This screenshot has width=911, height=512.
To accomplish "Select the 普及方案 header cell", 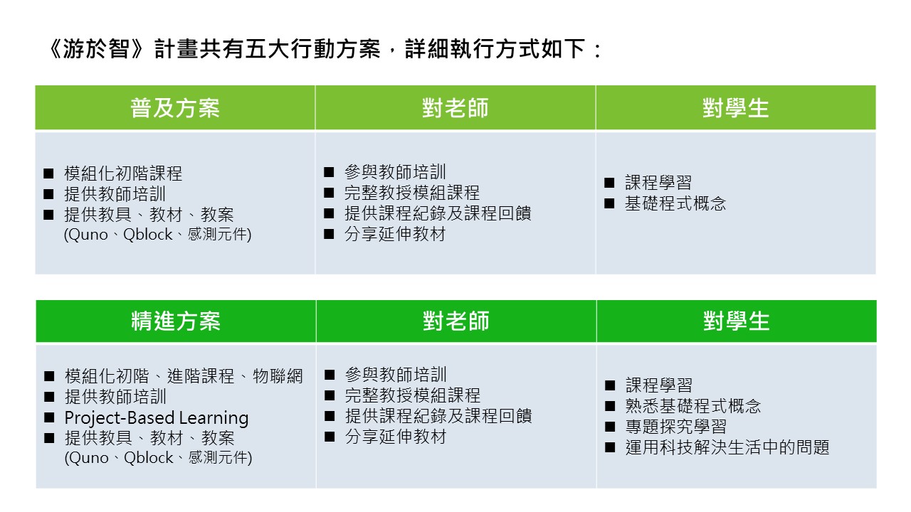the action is tap(175, 107).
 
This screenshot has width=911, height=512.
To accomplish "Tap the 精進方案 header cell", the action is tap(176, 321).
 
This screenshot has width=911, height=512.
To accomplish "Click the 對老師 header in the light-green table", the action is tap(455, 107).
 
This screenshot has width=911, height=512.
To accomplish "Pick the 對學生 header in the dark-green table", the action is tap(737, 321).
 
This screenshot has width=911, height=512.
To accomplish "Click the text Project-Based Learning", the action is tap(157, 417).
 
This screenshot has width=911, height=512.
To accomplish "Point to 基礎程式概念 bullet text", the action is tap(675, 203).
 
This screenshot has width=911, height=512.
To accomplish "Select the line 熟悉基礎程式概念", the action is tap(693, 406).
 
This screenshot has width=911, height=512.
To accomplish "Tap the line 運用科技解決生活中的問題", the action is tap(727, 447).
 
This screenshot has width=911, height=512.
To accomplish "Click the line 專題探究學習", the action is tap(676, 427).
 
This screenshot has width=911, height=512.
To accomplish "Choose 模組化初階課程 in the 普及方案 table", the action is tap(123, 174).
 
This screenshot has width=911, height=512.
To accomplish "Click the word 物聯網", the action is tap(278, 376).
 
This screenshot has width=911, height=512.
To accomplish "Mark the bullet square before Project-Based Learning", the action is tap(49, 417).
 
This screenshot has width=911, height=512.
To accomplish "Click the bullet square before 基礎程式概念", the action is tap(609, 203).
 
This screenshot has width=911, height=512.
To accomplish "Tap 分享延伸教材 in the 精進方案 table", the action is tap(396, 437).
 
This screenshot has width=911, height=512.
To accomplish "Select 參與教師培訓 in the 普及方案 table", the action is tap(395, 172).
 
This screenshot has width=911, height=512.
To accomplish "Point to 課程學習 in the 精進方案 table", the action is tap(659, 385).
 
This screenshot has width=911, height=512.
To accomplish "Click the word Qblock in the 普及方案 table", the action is tap(147, 235).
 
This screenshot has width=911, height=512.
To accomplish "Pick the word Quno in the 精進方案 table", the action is tap(90, 458).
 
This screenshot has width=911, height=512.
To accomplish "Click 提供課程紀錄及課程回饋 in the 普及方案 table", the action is tap(438, 213).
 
